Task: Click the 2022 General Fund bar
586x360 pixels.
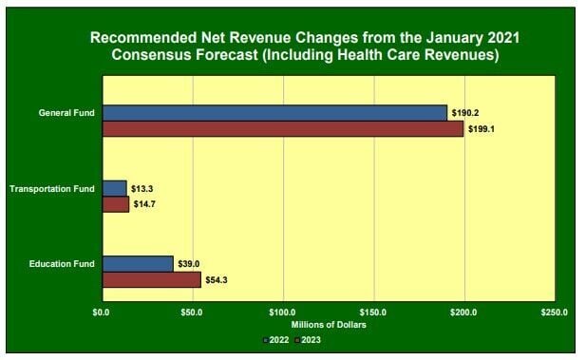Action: point(274,113)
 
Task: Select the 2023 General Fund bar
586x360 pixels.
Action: point(282,129)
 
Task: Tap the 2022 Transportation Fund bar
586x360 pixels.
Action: point(114,188)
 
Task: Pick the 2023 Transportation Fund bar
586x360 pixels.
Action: point(115,204)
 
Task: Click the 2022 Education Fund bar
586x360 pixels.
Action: point(137,263)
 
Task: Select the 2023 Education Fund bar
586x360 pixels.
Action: point(151,279)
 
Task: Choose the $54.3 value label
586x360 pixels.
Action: point(219,279)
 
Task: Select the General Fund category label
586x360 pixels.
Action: point(66,113)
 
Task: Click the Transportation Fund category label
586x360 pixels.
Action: point(52,188)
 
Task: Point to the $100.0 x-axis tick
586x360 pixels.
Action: point(283,313)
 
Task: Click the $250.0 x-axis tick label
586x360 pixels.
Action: point(555,313)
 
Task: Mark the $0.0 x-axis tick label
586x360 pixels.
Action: point(102,313)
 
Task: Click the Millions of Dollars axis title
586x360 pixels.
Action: point(328,325)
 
